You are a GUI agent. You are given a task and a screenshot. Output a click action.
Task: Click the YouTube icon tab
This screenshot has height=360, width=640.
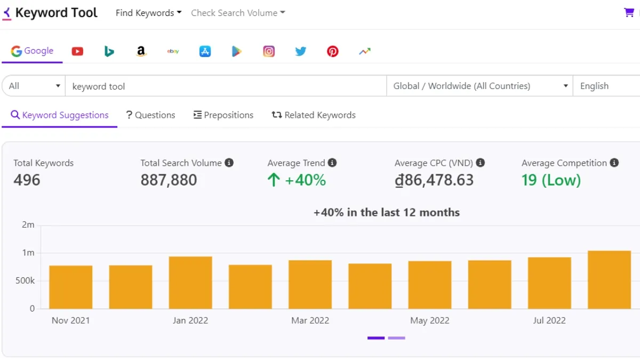coord(77,51)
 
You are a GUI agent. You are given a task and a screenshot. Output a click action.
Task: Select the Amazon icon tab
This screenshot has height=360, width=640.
coord(141,51)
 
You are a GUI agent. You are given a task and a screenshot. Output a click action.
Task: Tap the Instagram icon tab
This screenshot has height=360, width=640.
coord(269,51)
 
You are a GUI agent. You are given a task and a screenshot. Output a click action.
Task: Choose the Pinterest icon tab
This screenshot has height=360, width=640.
coord(333,51)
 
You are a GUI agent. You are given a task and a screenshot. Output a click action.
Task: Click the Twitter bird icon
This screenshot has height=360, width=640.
coord(301,51)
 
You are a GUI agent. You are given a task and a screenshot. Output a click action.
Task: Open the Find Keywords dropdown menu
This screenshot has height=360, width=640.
coord(148,13)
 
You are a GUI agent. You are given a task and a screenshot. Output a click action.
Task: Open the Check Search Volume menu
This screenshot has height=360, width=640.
coord(238,13)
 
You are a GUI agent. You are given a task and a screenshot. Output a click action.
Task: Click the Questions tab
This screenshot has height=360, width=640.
coord(150,115)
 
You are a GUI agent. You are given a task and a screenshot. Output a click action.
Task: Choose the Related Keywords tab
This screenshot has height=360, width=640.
coord(314,115)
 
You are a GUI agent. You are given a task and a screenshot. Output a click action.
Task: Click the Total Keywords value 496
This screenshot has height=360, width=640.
coord(27,180)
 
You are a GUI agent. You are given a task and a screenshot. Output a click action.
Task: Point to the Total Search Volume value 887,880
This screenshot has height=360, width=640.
coord(169,180)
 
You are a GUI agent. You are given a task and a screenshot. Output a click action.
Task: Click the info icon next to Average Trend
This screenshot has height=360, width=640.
coord(332,163)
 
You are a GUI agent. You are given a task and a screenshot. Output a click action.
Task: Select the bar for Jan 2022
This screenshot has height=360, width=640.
coord(190,283)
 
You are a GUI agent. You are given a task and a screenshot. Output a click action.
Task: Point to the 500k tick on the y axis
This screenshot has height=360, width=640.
coord(25,281)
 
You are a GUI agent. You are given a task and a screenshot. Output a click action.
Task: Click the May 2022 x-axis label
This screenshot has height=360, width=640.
coord(429,321)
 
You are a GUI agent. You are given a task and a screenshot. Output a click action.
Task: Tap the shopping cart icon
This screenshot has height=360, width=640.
coord(629,12)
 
